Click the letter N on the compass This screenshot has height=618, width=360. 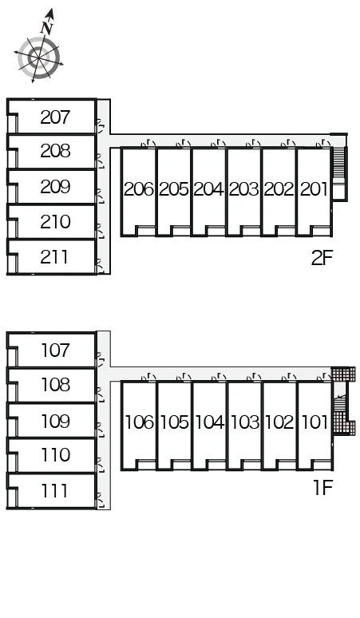(47, 28)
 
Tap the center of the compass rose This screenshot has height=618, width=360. (39, 58)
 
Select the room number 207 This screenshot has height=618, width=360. (55, 117)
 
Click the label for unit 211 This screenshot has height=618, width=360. (54, 257)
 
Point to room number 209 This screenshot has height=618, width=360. (55, 187)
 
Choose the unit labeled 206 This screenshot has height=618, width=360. (139, 189)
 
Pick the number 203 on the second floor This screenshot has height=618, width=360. (243, 189)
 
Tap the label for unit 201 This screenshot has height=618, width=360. (314, 189)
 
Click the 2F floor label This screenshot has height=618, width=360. (322, 258)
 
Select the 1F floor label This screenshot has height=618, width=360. (323, 488)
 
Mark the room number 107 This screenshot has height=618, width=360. (55, 350)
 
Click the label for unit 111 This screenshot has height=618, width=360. (54, 491)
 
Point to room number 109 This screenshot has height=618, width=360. (55, 421)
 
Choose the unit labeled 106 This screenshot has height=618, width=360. (140, 422)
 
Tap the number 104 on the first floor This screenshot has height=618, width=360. (210, 422)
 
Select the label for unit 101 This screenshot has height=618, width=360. (315, 422)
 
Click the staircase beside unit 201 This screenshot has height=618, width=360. (339, 162)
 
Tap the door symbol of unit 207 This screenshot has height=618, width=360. (101, 126)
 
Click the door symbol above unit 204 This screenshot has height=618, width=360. (218, 144)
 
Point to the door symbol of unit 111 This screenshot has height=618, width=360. (101, 500)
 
